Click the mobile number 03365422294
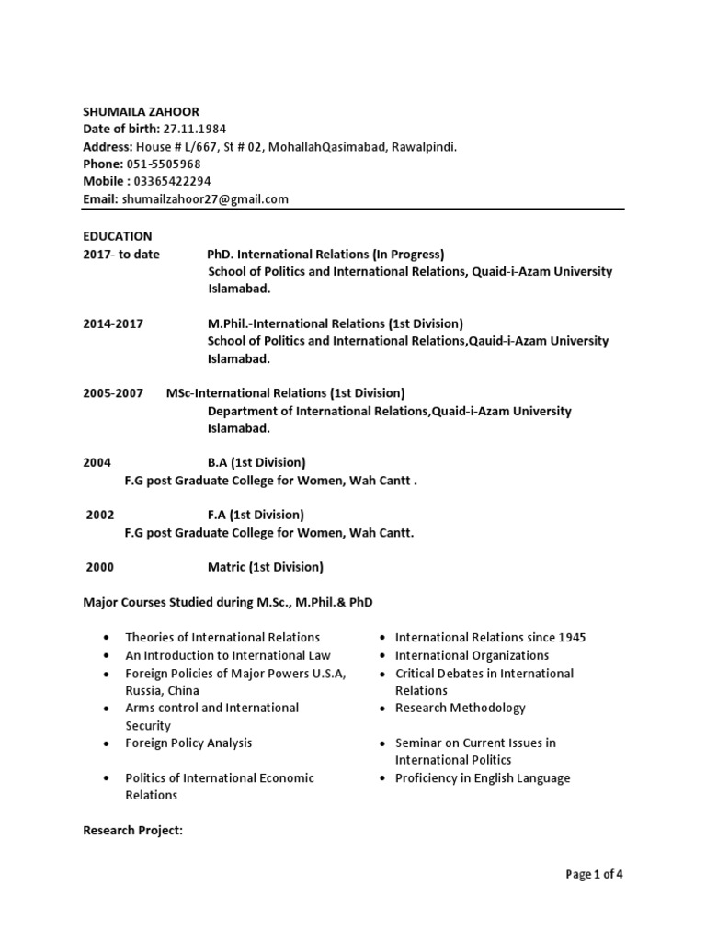(175, 181)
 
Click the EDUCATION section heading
(118, 236)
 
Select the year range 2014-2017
(113, 323)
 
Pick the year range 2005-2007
(113, 393)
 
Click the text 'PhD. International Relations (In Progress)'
(326, 255)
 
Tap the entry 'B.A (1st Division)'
(256, 462)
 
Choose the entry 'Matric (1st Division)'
(265, 567)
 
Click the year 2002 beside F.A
(100, 515)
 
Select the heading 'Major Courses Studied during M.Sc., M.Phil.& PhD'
(229, 602)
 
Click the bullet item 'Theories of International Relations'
(222, 637)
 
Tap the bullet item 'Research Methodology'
(460, 708)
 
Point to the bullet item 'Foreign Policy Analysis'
(188, 743)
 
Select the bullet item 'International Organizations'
(472, 655)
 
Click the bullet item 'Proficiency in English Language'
(483, 778)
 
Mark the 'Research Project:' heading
(133, 830)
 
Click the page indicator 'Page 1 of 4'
(594, 874)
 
